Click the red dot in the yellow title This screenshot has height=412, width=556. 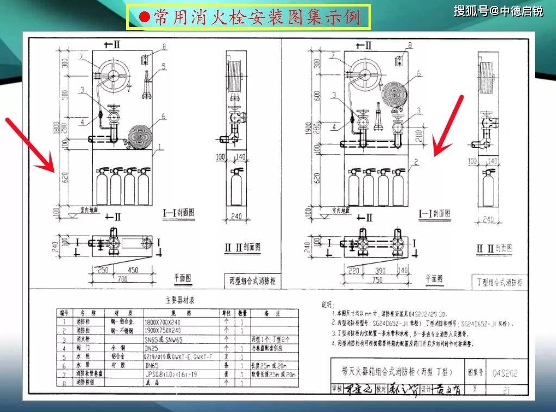(x=143, y=17)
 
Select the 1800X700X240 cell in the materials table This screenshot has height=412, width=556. (x=165, y=322)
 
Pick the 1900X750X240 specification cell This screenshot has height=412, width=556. (x=165, y=331)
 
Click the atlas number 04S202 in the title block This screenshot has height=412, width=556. (x=505, y=373)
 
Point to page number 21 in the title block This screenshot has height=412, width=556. (x=506, y=389)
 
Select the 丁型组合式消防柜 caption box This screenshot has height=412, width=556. (x=497, y=282)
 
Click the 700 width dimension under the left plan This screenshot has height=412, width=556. (x=123, y=278)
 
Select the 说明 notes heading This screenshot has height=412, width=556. (x=329, y=305)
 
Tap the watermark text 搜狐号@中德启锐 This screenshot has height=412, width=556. (x=498, y=11)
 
